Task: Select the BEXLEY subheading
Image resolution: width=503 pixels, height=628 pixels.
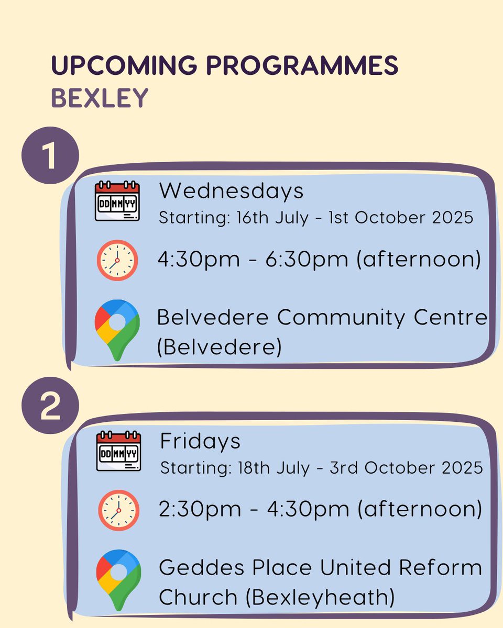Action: pyautogui.click(x=99, y=98)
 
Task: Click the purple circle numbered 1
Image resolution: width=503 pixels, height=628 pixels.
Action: pyautogui.click(x=50, y=155)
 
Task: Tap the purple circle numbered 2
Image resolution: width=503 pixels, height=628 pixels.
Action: pyautogui.click(x=50, y=406)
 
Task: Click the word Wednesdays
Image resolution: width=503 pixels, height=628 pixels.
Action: pyautogui.click(x=231, y=191)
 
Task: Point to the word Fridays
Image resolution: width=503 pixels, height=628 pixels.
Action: pyautogui.click(x=200, y=441)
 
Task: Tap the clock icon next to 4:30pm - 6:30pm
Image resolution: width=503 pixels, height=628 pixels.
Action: pyautogui.click(x=117, y=260)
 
